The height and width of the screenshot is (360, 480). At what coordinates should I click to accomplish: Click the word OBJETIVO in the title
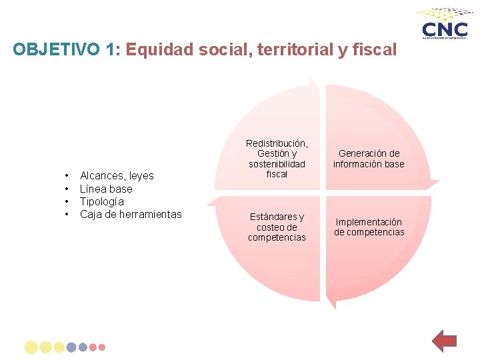point(57,50)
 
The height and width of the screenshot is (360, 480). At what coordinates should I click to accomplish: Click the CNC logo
point(445,27)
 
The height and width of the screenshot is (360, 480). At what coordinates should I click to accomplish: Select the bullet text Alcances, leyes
point(117,176)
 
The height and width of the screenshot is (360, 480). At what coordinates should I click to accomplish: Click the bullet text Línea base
point(106,189)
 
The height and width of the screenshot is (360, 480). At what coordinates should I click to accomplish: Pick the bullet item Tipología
point(102,201)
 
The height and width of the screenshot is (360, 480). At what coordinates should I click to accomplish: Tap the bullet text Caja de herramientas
point(131,214)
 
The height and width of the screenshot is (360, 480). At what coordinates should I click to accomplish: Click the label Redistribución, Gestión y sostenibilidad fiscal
point(277,159)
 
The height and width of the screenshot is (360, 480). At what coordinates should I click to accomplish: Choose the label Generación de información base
point(369,159)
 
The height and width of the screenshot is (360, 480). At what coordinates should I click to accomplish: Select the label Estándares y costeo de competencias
point(277,227)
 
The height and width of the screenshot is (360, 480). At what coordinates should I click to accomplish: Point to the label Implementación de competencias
point(369,227)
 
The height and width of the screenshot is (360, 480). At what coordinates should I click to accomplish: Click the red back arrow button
point(443,341)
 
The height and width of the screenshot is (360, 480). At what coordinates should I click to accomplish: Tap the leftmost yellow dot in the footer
point(31,347)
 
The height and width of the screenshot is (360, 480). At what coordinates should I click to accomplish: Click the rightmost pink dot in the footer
point(102,347)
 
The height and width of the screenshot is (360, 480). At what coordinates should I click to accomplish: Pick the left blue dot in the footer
point(71,347)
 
